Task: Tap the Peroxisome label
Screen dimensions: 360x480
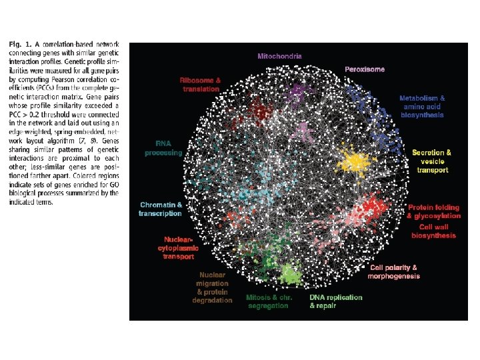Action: [365, 69]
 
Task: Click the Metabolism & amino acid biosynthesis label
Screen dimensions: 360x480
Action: [422, 107]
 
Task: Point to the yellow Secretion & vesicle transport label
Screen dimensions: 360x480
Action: [431, 161]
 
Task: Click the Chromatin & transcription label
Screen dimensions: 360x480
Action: [160, 209]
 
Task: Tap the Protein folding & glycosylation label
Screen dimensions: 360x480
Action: [434, 211]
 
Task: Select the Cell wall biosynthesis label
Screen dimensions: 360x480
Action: [434, 231]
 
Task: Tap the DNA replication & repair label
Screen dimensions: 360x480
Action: [336, 301]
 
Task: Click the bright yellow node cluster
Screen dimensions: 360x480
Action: [353, 161]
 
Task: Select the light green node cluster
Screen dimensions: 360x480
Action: [289, 273]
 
